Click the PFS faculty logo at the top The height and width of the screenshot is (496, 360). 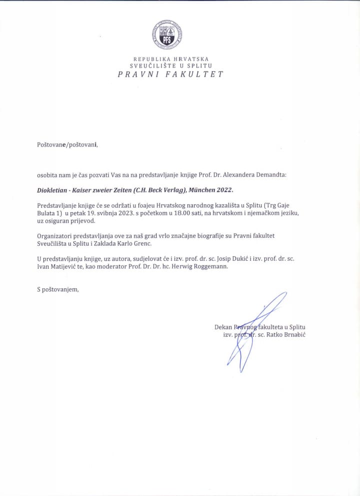tap(167, 35)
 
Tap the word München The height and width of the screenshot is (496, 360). tap(200, 191)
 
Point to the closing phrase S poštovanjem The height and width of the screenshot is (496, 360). tap(58, 289)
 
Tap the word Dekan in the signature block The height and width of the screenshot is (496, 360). tap(223, 327)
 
